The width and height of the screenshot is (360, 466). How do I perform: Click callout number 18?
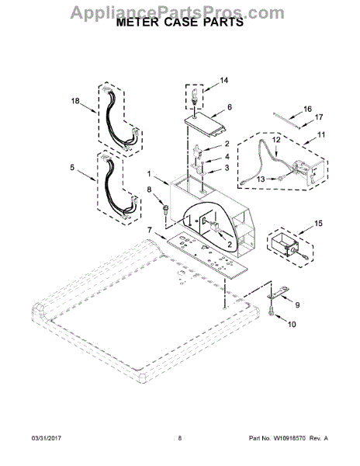[x=75, y=101]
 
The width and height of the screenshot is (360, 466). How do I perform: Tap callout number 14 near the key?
[x=224, y=80]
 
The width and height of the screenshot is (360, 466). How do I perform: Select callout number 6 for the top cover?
[x=230, y=107]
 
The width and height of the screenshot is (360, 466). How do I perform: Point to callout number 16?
[x=308, y=109]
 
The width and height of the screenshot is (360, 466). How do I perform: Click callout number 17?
[x=319, y=117]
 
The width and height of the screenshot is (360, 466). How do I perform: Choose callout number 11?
[x=321, y=135]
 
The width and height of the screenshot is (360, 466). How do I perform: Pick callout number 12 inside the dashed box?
[x=276, y=140]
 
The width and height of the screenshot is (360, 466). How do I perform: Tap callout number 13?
[x=261, y=179]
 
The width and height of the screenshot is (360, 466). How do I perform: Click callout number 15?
[x=318, y=223]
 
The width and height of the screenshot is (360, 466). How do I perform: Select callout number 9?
[x=297, y=305]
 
